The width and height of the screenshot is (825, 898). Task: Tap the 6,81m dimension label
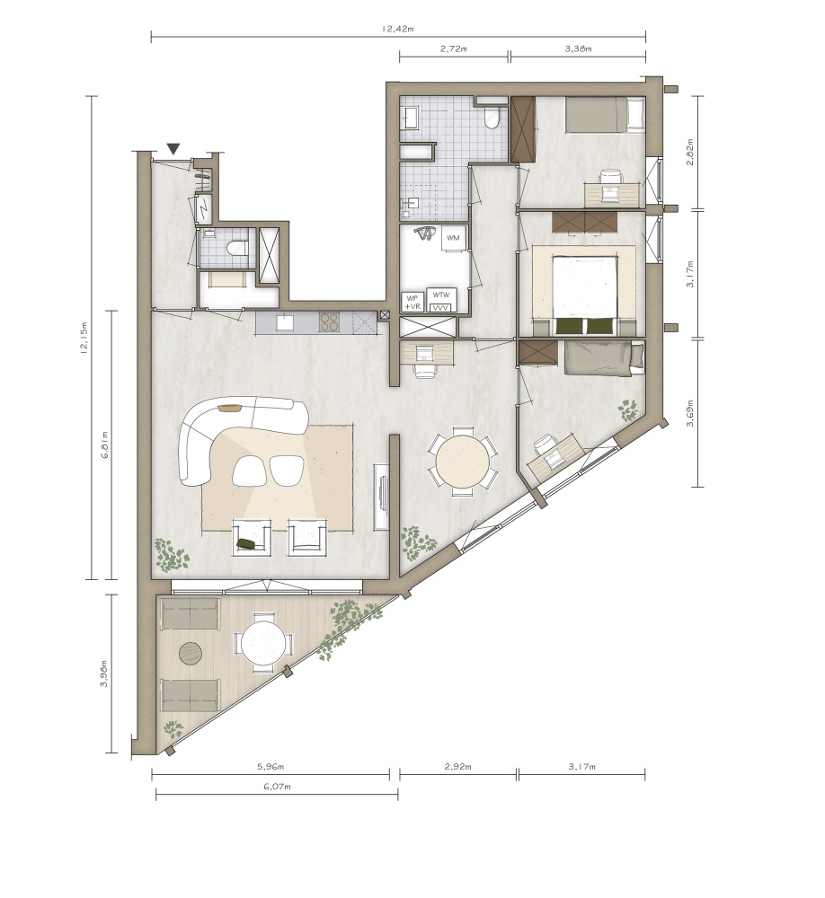[x=103, y=445]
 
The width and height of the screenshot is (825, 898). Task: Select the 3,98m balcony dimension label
[x=103, y=673]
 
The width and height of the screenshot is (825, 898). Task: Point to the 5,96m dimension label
[x=270, y=766]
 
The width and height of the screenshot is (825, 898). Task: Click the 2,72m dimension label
[x=454, y=48]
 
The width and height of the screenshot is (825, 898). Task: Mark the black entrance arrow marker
[x=173, y=149]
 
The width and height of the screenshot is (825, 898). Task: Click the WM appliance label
[x=453, y=238]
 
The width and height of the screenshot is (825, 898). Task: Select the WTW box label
[x=441, y=295]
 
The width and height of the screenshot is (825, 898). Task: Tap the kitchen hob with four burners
[x=329, y=321]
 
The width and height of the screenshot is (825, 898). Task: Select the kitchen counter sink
[x=285, y=321]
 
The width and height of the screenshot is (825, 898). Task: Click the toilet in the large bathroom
[x=492, y=117]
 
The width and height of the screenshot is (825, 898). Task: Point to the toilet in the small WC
[x=236, y=248]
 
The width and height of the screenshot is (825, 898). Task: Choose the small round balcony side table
[x=190, y=654]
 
